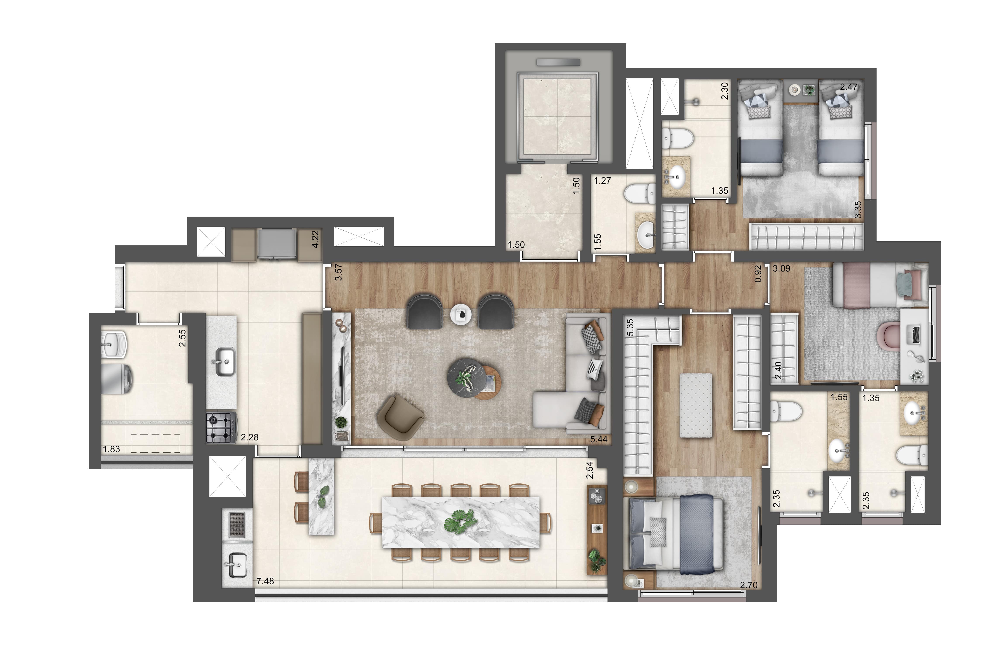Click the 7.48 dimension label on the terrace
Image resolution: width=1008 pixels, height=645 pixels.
point(265,581)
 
